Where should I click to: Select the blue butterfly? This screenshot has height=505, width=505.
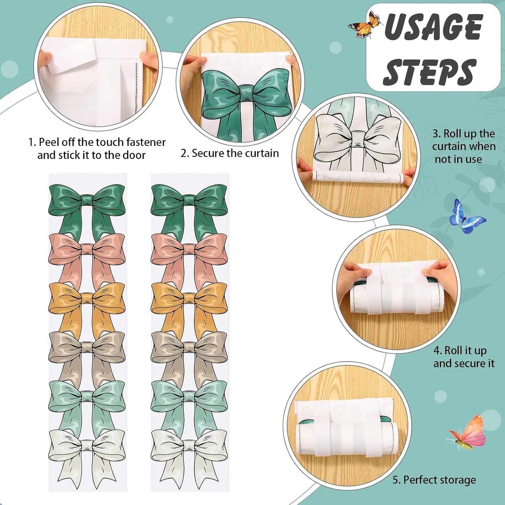467,216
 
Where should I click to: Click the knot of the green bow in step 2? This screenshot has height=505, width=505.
247,93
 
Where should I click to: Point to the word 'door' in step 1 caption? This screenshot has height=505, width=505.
134,155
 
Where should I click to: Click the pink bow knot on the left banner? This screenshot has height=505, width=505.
87,249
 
